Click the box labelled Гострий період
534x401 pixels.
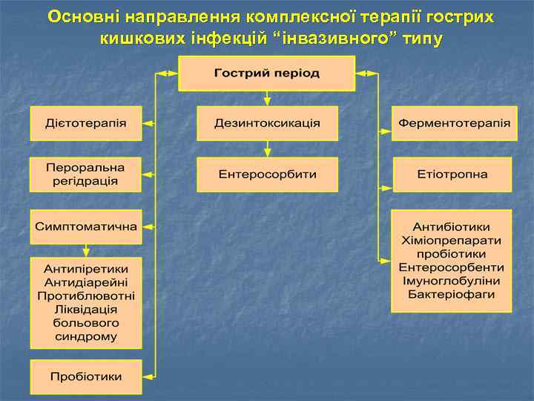(267, 74)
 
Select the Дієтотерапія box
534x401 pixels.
(85, 123)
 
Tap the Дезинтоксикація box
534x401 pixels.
(267, 123)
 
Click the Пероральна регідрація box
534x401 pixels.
(85, 174)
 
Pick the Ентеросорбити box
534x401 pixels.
(267, 174)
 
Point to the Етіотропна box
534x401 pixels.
(452, 174)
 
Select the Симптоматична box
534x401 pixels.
(85, 226)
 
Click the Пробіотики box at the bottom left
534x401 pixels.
(85, 376)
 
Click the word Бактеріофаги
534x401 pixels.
(451, 295)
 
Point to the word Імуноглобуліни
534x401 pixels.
(451, 281)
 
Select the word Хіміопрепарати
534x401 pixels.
(451, 241)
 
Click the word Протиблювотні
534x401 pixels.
(85, 296)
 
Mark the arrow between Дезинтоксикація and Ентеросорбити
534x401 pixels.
(267, 149)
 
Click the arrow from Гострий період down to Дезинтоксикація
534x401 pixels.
(267, 98)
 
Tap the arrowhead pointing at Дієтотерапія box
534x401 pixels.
(147, 123)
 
